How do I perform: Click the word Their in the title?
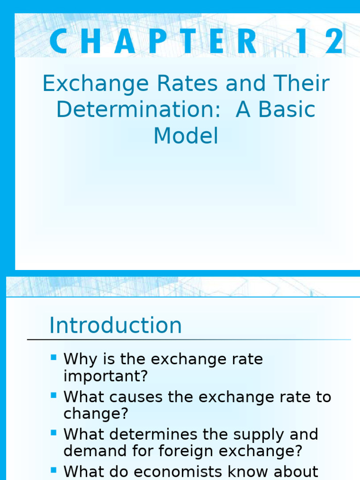pos(303,84)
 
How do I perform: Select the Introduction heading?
pos(116,325)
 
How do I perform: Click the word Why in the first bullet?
pos(79,360)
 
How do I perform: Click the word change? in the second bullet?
pos(96,413)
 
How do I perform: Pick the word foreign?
pos(205,451)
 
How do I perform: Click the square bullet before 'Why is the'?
pos(53,358)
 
